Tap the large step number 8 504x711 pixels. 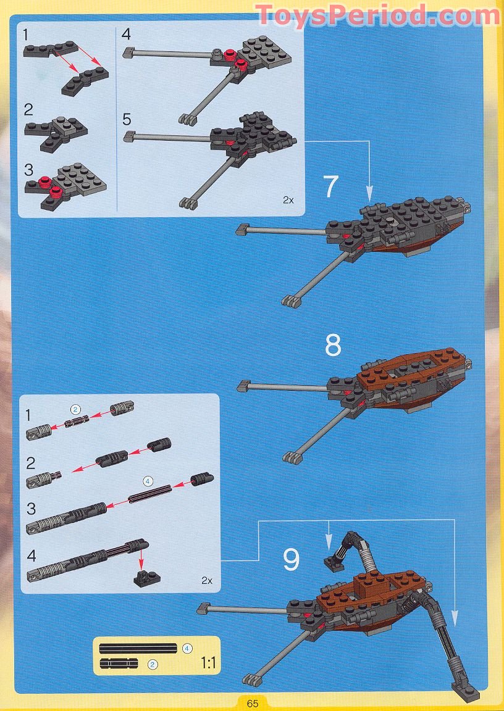333,346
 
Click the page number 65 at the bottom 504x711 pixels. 253,704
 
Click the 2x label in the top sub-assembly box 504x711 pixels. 288,199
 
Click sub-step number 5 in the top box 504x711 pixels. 127,120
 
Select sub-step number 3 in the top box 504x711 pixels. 28,170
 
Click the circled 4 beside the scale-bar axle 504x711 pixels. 187,649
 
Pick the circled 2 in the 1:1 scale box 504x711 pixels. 153,665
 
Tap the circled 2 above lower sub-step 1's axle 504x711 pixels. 75,409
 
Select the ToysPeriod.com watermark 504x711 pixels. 378,15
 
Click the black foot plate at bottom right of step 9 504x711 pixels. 466,693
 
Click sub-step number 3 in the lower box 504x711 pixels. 31,509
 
